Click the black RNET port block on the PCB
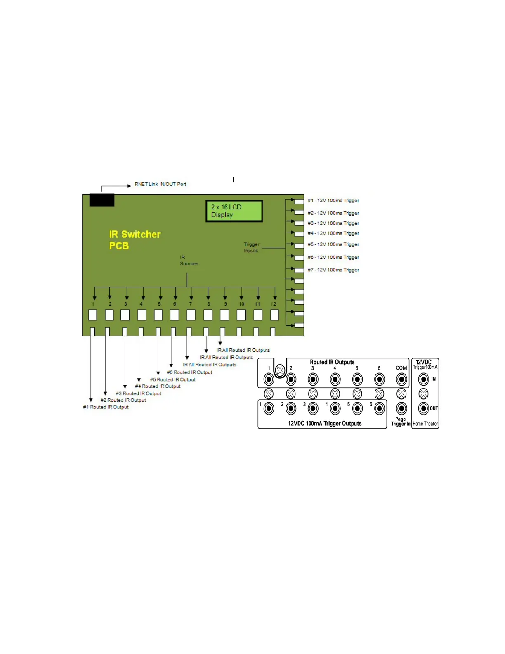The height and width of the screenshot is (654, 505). pos(102,200)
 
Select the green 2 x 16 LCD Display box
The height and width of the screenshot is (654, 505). pos(234,211)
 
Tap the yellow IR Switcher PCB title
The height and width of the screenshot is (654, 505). pos(135,240)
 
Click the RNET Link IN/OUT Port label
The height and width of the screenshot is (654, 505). pos(160,184)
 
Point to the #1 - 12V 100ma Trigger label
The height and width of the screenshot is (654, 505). pos(333,201)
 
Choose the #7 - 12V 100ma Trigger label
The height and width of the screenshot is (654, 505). pos(333,270)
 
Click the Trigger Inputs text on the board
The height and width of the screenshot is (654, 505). pos(251,247)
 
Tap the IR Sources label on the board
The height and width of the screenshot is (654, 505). pos(189,261)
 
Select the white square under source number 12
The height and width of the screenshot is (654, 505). pos(274,315)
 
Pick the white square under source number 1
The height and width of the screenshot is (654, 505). pos(92,315)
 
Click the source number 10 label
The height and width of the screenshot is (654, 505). pos(241,304)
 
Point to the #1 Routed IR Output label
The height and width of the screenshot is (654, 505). pos(106,407)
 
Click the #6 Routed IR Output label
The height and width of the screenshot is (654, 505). pos(189,372)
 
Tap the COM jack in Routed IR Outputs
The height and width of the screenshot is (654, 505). pos(401,379)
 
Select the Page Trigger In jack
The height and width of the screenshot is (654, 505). pos(401,408)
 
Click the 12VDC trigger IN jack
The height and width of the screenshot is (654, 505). pos(423,379)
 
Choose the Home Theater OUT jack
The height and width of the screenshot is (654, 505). pos(423,408)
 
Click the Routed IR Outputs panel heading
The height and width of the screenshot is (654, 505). pos(332,362)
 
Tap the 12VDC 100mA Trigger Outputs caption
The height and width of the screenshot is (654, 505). pos(325,424)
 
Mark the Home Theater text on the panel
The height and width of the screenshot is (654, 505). pos(425,424)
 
